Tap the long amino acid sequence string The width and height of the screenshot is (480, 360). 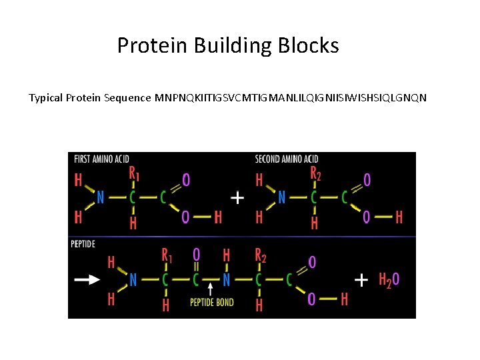291,98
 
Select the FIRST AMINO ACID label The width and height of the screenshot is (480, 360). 101,159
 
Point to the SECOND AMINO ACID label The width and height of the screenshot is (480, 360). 287,159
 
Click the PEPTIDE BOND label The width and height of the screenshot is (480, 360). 211,302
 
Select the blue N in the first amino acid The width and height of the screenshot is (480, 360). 100,197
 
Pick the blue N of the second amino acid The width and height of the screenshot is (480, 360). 281,197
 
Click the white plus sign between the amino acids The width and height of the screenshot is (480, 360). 237,197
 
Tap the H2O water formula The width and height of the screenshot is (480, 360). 389,280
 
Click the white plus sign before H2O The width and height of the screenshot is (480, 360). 361,280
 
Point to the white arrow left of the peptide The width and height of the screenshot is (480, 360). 87,280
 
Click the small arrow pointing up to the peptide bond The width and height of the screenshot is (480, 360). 211,289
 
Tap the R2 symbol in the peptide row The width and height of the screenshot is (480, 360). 261,256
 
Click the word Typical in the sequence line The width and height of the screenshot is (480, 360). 46,98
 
